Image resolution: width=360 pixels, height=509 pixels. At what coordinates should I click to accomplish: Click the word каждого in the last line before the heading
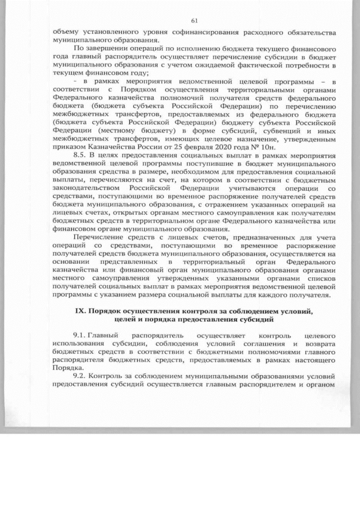(x=283, y=293)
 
